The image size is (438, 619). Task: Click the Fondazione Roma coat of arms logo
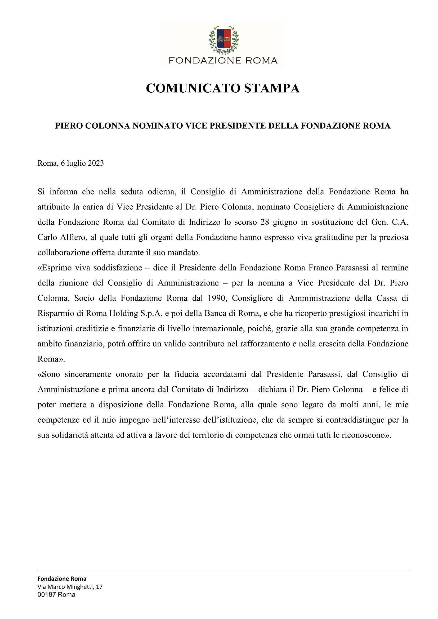pyautogui.click(x=224, y=40)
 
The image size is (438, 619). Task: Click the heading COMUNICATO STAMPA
pyautogui.click(x=222, y=88)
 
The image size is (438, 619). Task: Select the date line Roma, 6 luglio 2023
pyautogui.click(x=71, y=163)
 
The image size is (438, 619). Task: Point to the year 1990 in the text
pyautogui.click(x=216, y=298)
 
